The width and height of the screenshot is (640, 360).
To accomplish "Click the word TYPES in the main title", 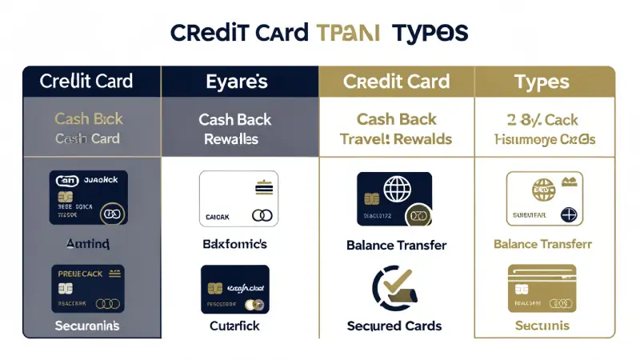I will click(430, 33).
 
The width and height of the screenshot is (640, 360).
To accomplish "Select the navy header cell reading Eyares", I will click(236, 82).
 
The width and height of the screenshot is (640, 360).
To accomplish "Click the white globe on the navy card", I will click(398, 191).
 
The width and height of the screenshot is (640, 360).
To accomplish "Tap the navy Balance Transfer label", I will click(397, 245).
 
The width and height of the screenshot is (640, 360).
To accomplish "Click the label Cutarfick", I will click(235, 326).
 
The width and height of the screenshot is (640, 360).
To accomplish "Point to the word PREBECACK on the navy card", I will click(80, 274).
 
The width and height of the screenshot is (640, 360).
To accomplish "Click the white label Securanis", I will click(88, 326).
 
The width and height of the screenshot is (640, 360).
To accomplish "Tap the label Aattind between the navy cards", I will click(88, 242).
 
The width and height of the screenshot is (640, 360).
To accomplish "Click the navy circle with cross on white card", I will click(570, 214).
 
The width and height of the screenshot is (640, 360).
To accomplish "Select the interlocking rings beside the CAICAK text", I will click(261, 215).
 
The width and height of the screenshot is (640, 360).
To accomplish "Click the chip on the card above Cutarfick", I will click(214, 288).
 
